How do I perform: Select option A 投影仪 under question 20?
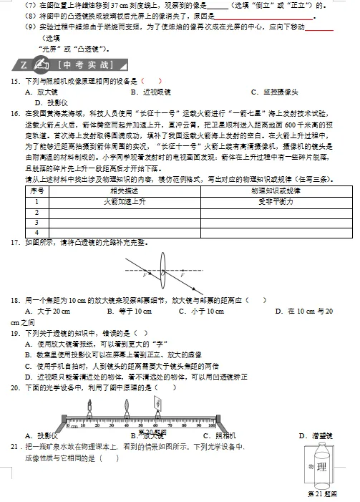point(42,435)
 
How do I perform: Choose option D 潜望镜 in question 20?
point(315,435)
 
